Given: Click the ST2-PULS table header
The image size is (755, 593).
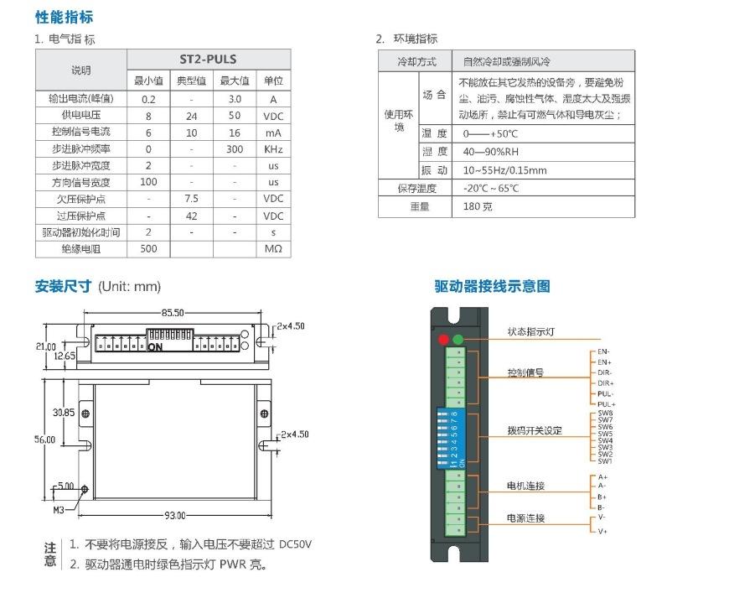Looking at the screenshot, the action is (208, 60).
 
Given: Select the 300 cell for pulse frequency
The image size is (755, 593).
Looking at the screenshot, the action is (235, 149).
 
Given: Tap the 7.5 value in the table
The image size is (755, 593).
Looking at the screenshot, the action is (191, 199).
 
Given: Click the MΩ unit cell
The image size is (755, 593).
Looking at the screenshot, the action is (273, 249).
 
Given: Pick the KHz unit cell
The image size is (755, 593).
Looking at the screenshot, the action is (273, 149).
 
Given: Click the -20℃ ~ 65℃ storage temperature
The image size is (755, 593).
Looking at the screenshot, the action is (491, 189).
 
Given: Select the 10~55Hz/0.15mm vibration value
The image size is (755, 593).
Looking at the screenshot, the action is (504, 170).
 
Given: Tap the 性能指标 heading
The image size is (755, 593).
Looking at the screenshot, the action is (64, 17).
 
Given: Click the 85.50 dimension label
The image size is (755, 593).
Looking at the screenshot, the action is (173, 313).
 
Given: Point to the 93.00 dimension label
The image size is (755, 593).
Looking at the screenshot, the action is (174, 515).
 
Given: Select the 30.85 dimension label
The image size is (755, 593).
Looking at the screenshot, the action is (64, 413).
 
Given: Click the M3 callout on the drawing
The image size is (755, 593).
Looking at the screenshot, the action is (59, 509).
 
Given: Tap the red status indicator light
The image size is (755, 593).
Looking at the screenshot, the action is (443, 340).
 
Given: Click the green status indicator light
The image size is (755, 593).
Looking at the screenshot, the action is (458, 340).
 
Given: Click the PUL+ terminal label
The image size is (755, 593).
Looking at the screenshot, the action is (606, 404).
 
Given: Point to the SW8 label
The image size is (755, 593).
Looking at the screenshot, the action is (605, 414).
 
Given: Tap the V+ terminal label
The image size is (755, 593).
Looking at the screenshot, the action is (602, 531).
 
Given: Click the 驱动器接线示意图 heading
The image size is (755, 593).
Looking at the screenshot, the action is (492, 286).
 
